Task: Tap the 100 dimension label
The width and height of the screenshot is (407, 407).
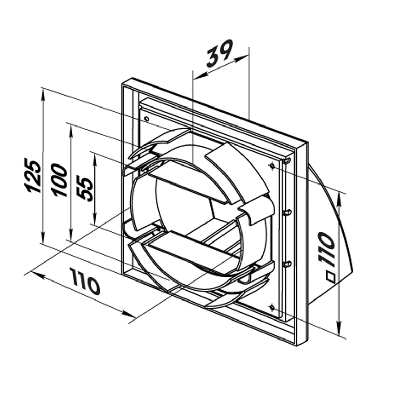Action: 60,179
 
